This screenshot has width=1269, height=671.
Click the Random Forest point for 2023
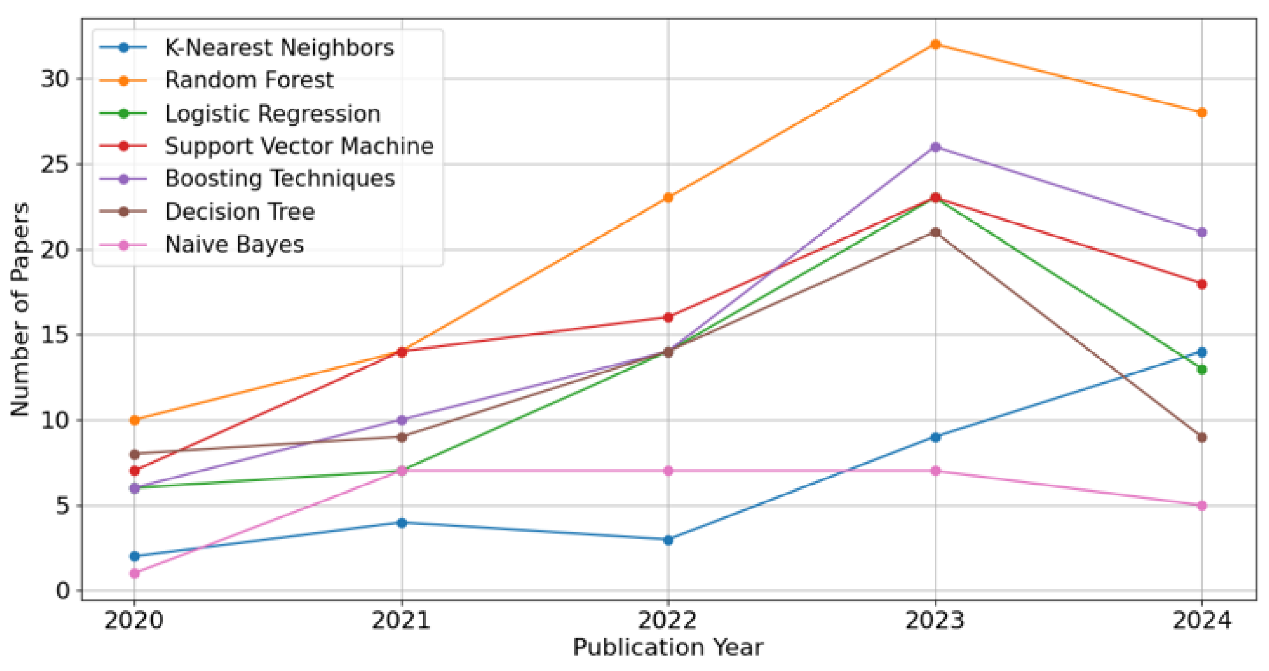coord(935,45)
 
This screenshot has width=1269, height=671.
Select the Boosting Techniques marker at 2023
coord(935,147)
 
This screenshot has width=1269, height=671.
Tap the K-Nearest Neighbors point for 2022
coord(668,539)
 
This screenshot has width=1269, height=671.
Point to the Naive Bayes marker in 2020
coord(135,573)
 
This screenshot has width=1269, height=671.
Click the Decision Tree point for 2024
coord(1202,437)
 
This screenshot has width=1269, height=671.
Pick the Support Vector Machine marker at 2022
coord(668,317)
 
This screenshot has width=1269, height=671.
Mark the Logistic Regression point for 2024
coord(1202,369)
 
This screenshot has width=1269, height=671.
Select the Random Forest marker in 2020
coord(135,420)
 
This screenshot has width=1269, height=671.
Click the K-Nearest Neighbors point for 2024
coord(1202,352)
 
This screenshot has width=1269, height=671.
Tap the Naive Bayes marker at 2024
coord(1202,505)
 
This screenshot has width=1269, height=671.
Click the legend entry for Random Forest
coord(248,80)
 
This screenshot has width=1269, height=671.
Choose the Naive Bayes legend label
coord(234,245)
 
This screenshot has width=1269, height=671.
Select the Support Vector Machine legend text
coord(299,146)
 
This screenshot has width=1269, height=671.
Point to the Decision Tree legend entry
coord(239,212)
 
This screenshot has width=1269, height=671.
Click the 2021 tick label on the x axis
coord(402,620)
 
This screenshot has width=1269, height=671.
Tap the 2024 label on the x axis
coord(1202,620)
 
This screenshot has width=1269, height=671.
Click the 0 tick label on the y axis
coord(63,591)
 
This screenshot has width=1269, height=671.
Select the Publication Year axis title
coord(668,647)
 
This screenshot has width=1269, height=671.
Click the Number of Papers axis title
coord(20,310)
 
